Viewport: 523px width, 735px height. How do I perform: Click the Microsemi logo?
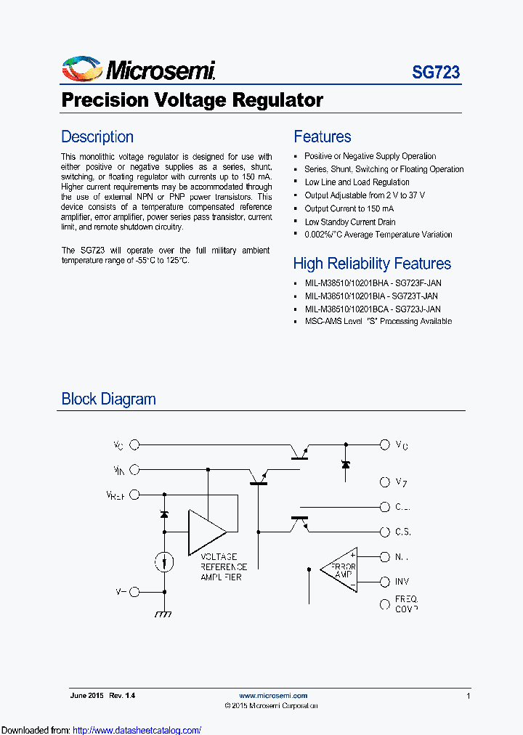(x=138, y=70)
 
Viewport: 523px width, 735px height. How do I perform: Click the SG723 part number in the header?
(x=436, y=73)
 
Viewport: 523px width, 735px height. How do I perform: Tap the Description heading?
(x=97, y=137)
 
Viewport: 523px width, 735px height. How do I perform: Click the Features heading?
(x=322, y=137)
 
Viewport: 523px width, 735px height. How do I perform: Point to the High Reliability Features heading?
(x=372, y=264)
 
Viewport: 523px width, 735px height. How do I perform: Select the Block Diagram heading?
(x=108, y=399)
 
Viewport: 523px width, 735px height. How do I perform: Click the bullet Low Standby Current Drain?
(x=350, y=222)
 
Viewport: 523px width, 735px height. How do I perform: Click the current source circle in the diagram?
(x=164, y=561)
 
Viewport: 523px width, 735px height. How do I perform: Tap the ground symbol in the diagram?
(x=164, y=614)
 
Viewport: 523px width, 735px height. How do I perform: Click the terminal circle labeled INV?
(x=384, y=582)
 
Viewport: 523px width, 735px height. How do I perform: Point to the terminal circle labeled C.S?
(x=384, y=532)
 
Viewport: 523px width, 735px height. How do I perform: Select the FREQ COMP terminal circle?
(x=384, y=604)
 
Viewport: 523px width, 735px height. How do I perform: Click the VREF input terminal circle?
(x=134, y=495)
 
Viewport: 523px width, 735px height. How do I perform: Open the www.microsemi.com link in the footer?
(x=273, y=696)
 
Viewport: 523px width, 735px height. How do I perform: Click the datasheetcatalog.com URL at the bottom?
(x=137, y=730)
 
